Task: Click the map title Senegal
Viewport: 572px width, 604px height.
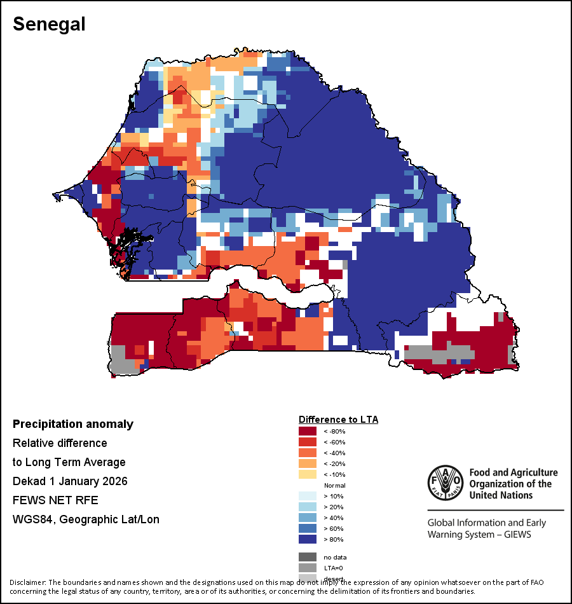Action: click(49, 24)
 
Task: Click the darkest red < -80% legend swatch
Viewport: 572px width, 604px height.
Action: click(308, 431)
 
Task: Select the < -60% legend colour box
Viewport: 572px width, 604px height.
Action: click(308, 442)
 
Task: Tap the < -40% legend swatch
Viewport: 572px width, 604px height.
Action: click(308, 453)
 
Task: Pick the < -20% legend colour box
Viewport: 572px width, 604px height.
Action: click(308, 463)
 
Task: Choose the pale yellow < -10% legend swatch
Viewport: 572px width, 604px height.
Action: click(308, 474)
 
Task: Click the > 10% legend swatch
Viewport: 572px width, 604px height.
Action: click(308, 496)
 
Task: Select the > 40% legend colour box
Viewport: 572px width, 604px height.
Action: click(308, 518)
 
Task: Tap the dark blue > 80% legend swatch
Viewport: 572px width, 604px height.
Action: click(308, 539)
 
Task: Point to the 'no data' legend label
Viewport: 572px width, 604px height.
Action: click(335, 557)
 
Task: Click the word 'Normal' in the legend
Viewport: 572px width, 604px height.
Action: click(334, 485)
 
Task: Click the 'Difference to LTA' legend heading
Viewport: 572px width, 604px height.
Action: click(338, 420)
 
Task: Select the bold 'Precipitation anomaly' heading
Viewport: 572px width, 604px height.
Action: click(73, 424)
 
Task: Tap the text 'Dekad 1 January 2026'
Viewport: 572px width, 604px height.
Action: click(70, 481)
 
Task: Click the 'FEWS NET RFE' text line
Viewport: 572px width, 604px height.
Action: click(55, 500)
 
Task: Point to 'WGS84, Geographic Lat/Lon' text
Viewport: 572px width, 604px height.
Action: click(86, 519)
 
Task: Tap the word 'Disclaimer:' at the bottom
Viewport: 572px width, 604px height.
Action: click(27, 582)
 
